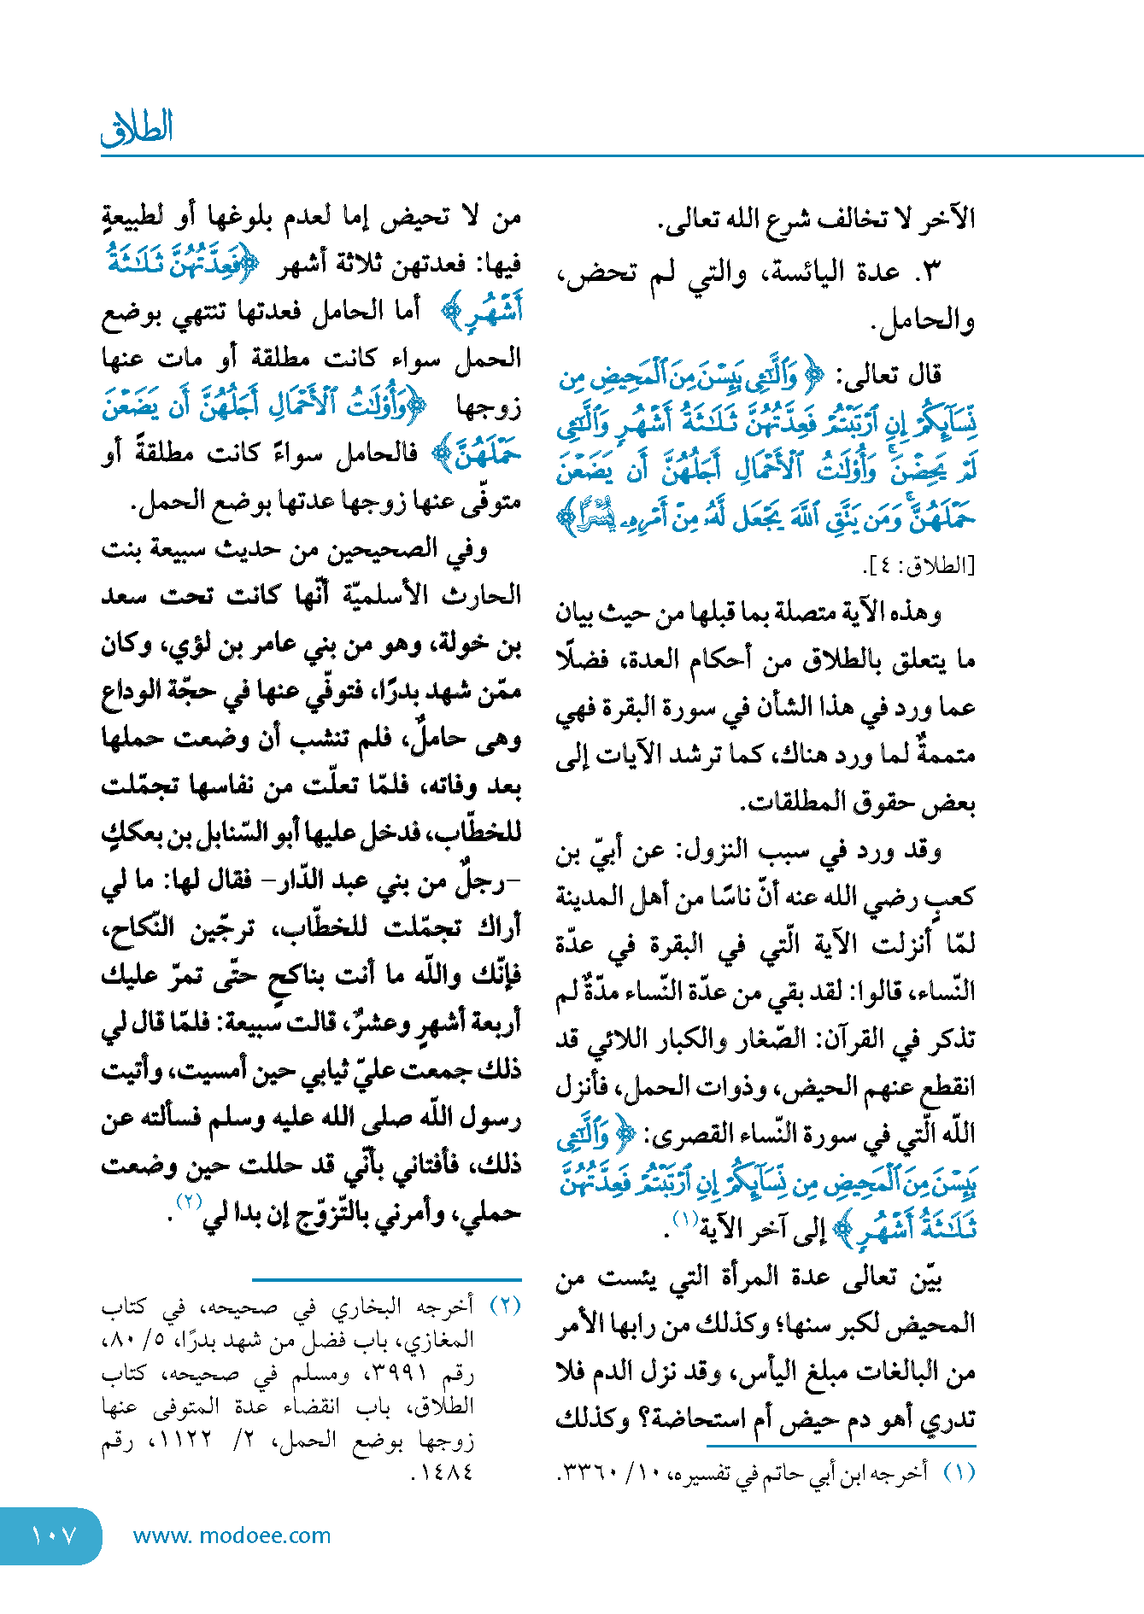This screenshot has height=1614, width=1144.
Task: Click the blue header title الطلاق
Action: coord(138,128)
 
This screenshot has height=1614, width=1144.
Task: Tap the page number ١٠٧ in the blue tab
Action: coord(53,1535)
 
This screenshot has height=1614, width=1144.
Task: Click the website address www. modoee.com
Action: coord(232,1535)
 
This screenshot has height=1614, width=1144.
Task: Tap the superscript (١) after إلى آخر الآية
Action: coord(684,1219)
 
